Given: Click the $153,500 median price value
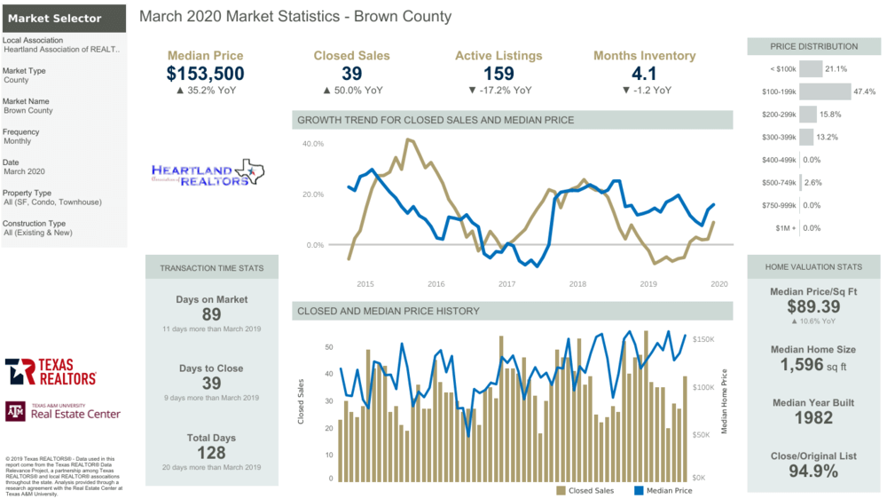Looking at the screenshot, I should [205, 74].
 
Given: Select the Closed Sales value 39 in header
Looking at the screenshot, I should [351, 74].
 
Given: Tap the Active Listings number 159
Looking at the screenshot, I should [498, 74].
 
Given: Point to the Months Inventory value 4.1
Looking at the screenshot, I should [644, 74].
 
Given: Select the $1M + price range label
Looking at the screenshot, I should [783, 228].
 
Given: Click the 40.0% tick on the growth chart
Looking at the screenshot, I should [312, 143].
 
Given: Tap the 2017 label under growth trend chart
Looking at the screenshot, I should [506, 284].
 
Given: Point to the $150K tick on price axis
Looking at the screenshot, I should [703, 339].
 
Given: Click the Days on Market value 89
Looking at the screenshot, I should [211, 314].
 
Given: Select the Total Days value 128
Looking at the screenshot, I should [211, 452].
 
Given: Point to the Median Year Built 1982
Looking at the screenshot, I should [812, 418].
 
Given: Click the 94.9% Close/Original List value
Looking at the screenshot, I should [812, 471].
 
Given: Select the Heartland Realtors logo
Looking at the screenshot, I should [208, 173].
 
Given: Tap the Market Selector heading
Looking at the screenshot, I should [55, 18].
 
